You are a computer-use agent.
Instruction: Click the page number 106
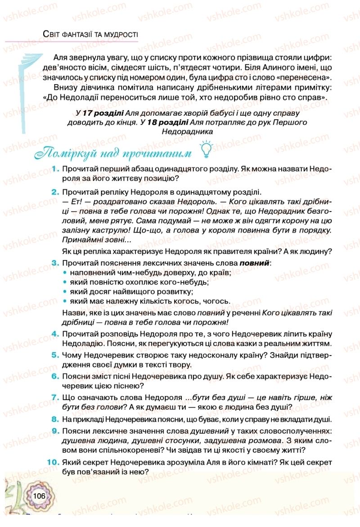pyautogui.click(x=40, y=495)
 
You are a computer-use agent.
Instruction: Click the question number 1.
pyautogui.click(x=56, y=168)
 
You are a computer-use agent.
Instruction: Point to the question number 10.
pyautogui.click(x=54, y=462)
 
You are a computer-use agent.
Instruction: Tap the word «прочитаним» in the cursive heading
pyautogui.click(x=160, y=153)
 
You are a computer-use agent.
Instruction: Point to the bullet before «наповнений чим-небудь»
pyautogui.click(x=65, y=273)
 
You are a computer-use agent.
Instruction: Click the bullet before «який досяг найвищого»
pyautogui.click(x=65, y=292)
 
